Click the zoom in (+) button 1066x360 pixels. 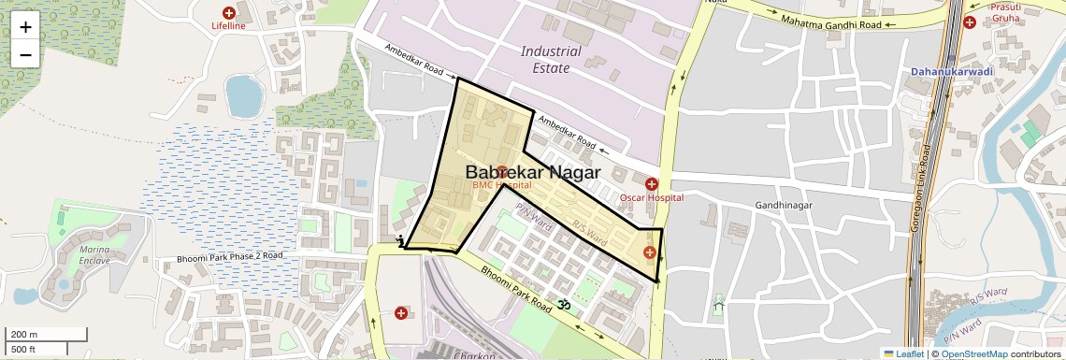[25, 27]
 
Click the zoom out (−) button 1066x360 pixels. [25, 55]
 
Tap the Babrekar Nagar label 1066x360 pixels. [532, 173]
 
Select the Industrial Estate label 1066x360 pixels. [551, 60]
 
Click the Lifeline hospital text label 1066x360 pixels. [228, 26]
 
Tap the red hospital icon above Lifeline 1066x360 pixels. [228, 12]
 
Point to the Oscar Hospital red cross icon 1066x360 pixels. [652, 183]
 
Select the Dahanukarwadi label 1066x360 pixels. [952, 71]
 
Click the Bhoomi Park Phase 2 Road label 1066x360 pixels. [229, 256]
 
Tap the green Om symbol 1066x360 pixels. [564, 304]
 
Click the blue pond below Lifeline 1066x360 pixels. [244, 94]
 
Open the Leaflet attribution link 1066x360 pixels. [903, 353]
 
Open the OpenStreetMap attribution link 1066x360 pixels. [973, 353]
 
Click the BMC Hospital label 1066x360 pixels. [501, 186]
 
